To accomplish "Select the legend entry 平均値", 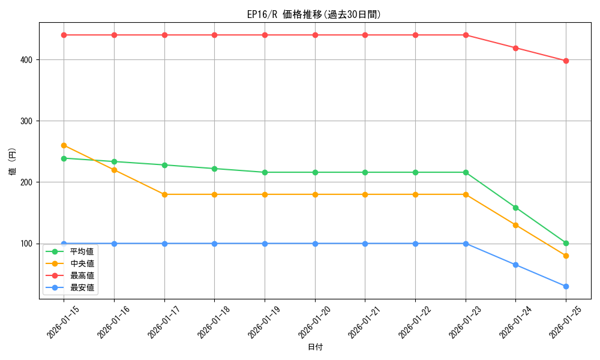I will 82,252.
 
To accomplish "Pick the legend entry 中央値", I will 82,264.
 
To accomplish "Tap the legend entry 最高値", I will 82,276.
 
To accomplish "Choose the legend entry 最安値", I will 82,288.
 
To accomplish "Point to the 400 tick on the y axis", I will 28,60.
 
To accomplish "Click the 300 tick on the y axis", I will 28,121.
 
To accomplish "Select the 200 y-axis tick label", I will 28,182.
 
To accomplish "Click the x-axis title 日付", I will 315,347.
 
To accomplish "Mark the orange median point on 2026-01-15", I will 64,145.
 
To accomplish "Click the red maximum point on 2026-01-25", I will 566,61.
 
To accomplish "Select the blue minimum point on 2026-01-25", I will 566,286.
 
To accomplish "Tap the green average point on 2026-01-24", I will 515,208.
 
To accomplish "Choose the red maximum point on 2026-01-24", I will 515,48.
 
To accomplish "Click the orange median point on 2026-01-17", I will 164,194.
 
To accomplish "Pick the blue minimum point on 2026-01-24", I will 515,265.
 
